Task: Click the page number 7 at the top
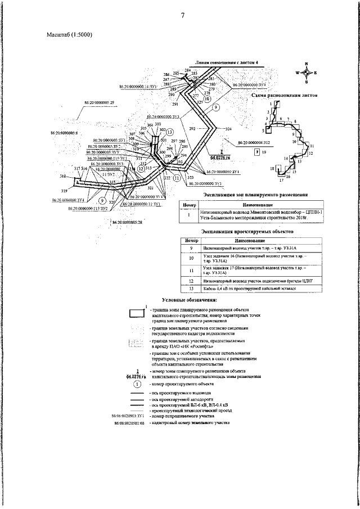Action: coord(183,15)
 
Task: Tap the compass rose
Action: coord(306,73)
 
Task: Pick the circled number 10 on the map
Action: coord(208,98)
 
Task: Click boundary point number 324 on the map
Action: coord(228,130)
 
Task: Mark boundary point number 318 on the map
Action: coord(62,176)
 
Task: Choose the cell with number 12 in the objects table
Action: coord(191,279)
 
